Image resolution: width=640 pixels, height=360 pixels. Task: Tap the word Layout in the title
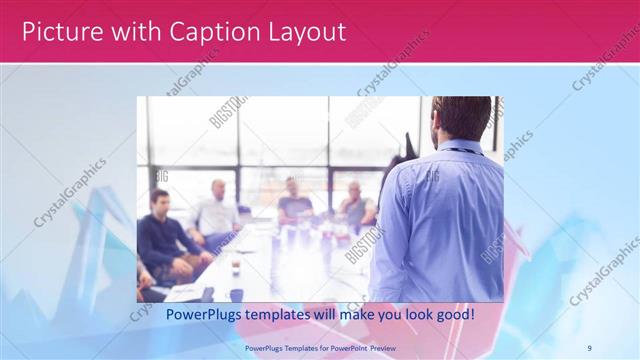pyautogui.click(x=303, y=32)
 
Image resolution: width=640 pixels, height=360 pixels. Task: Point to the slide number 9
pyautogui.click(x=588, y=347)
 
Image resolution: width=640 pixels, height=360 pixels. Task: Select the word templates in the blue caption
pyautogui.click(x=283, y=314)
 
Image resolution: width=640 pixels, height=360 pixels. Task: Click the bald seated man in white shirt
pyautogui.click(x=217, y=210)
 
